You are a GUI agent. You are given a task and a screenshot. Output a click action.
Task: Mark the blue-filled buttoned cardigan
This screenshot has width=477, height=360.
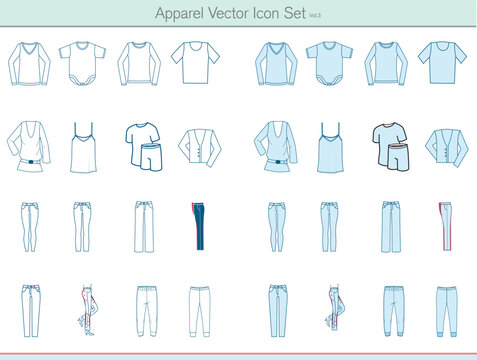pyautogui.click(x=446, y=146)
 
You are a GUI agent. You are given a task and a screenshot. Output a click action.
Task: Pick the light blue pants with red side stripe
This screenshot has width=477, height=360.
pyautogui.click(x=442, y=226)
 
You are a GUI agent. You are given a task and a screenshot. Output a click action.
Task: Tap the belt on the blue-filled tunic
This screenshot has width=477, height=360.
pyautogui.click(x=276, y=159)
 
